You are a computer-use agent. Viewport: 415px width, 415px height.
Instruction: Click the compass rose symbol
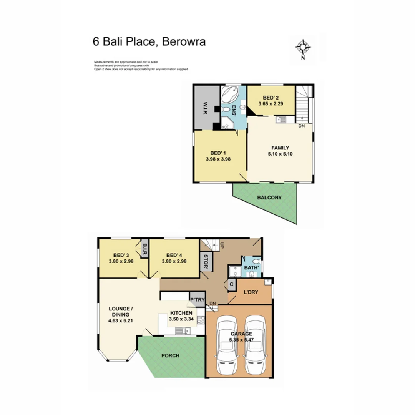click(x=303, y=48)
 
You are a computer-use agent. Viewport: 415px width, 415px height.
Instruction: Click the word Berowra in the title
click(x=184, y=41)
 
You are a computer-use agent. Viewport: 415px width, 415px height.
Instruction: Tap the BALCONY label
click(x=269, y=198)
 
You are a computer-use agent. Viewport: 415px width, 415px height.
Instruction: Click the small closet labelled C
click(x=232, y=284)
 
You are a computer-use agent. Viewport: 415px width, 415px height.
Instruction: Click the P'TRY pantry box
click(x=197, y=300)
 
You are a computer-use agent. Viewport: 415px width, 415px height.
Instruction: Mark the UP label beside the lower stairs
click(x=222, y=245)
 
